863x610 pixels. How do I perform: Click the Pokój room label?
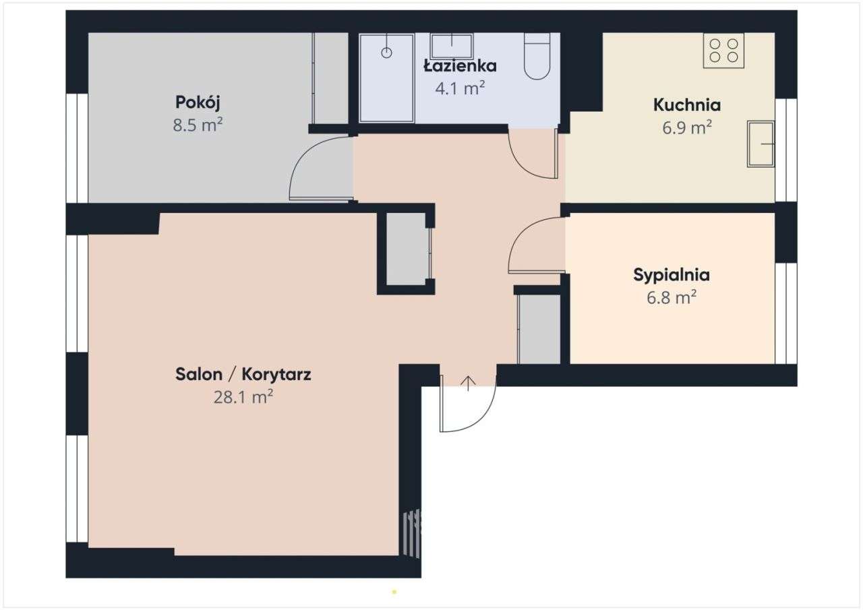click(x=198, y=102)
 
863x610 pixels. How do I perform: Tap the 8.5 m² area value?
click(x=198, y=125)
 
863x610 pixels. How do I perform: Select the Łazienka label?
click(x=460, y=66)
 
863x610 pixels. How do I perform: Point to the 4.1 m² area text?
click(x=460, y=88)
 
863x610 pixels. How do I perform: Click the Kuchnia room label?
click(x=687, y=105)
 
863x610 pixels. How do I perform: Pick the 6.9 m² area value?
click(x=687, y=127)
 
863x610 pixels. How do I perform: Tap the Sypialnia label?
click(x=671, y=275)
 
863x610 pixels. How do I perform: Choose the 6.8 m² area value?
click(x=671, y=297)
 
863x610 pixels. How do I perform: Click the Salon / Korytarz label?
click(x=243, y=375)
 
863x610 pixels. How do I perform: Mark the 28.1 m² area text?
click(x=243, y=397)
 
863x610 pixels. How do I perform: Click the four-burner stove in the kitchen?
click(x=723, y=51)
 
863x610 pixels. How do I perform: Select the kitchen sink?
click(x=761, y=144)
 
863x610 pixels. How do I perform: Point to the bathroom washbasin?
click(x=451, y=45)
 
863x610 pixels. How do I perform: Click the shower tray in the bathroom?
click(x=387, y=78)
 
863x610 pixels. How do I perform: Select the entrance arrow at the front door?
click(x=468, y=383)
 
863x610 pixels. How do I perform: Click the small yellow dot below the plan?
click(x=394, y=592)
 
